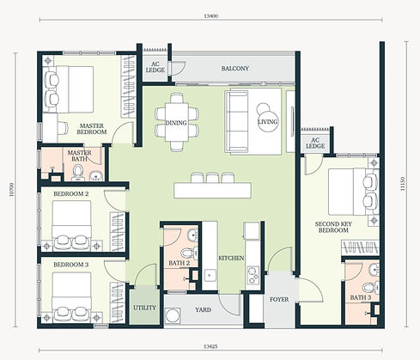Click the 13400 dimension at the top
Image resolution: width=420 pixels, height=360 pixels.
(210, 16)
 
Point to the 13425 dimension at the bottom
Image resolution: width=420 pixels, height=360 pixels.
(210, 346)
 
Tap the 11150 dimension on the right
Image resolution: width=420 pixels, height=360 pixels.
(403, 184)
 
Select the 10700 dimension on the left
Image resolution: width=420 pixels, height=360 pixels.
(11, 189)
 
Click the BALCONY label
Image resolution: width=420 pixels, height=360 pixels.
(235, 69)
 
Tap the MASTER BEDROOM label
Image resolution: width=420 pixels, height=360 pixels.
(92, 129)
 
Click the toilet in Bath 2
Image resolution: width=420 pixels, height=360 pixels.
(189, 253)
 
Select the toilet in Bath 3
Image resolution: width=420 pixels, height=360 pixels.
(371, 287)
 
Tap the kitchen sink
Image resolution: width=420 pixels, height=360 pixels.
(210, 276)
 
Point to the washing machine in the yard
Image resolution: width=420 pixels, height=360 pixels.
(173, 316)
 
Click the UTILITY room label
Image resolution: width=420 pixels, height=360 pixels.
(144, 308)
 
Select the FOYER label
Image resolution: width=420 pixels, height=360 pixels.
(279, 299)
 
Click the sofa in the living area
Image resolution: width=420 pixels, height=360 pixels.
(237, 121)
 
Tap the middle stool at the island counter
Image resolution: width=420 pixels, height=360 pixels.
(213, 178)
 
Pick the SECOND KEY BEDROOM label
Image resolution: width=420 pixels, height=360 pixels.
(333, 227)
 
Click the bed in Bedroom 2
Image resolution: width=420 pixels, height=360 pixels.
(71, 226)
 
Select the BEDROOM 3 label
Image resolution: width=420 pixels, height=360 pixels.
(71, 265)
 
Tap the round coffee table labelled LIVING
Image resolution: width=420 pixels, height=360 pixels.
(268, 122)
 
